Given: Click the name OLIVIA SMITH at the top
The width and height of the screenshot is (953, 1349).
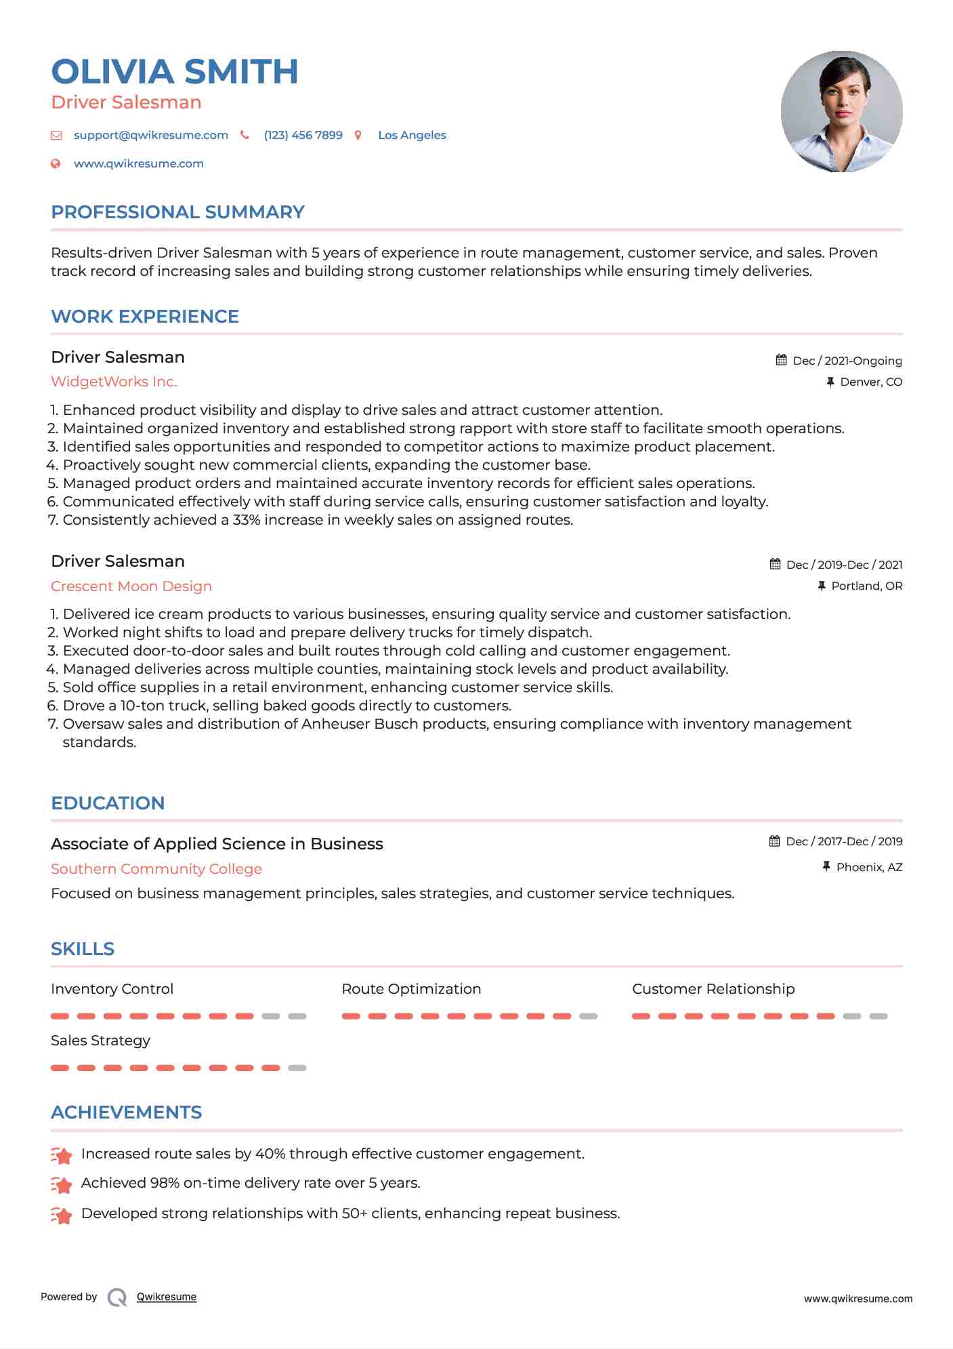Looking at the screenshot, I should (175, 72).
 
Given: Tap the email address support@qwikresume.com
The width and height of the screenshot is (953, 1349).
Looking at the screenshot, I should (150, 135).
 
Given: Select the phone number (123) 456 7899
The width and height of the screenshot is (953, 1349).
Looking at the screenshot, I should (303, 135).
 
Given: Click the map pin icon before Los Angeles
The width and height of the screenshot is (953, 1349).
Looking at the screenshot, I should (358, 136).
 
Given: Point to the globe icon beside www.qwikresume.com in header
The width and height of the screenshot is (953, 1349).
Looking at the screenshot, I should (56, 163).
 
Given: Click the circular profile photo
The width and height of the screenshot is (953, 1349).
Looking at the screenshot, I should (841, 111).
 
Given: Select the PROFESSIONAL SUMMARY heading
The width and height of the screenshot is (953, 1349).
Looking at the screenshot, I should (177, 212).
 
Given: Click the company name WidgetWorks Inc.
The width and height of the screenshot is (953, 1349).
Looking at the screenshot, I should (114, 382).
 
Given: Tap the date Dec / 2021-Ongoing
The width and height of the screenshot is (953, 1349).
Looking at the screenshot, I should (847, 361).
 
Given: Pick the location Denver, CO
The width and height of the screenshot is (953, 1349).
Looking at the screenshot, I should (870, 382).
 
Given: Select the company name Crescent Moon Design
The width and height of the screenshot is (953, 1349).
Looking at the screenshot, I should (131, 586).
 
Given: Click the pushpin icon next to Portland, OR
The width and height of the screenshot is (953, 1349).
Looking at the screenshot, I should (822, 586).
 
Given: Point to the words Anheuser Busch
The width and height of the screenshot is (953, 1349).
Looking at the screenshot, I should (345, 724).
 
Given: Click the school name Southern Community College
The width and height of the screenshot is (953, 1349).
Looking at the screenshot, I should (156, 869).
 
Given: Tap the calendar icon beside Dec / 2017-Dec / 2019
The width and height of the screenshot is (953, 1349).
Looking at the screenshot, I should (775, 841).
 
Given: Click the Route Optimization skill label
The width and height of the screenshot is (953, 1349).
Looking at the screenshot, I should (411, 989).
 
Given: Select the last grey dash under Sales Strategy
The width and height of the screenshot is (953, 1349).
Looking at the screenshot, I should (297, 1068).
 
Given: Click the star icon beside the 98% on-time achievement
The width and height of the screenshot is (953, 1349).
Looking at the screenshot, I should (62, 1185).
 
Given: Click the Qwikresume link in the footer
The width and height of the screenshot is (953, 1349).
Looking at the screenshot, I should (167, 1297).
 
